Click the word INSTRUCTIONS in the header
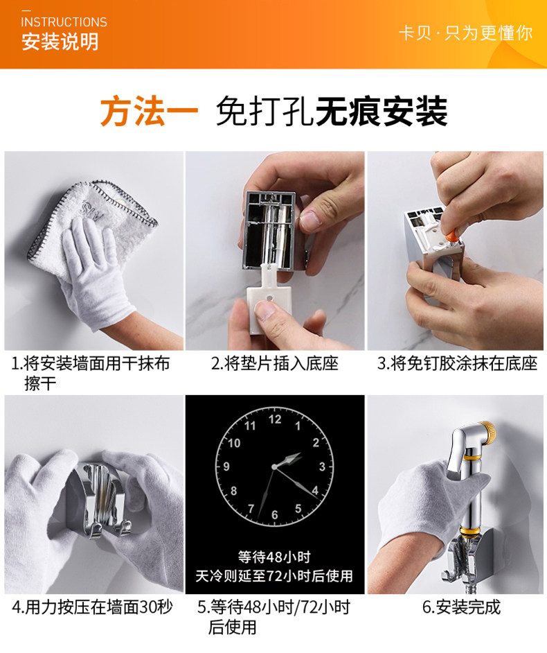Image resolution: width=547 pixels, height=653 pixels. tap(64, 21)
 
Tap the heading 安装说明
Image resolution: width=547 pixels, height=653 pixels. tap(60, 42)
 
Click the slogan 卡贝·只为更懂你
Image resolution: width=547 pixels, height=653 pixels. tap(465, 33)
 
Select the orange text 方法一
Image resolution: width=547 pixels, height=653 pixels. tap(149, 111)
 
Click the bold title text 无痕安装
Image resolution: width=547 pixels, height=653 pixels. tap(382, 111)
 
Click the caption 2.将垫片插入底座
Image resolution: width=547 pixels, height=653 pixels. tap(275, 363)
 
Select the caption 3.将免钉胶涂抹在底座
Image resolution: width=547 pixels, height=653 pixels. tap(458, 363)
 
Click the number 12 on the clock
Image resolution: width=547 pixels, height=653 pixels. tap(275, 419)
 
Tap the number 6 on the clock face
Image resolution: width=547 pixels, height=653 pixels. tap(275, 515)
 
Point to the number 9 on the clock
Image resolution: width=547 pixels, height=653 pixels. tap(226, 467)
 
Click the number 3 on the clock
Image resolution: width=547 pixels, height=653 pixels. tap(322, 467)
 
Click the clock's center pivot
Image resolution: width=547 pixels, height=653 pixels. tap(274, 467)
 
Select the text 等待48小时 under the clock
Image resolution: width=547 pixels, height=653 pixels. tap(275, 557)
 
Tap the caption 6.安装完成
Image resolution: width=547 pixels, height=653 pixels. tap(461, 607)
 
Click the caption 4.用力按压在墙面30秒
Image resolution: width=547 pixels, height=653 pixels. tap(92, 607)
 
